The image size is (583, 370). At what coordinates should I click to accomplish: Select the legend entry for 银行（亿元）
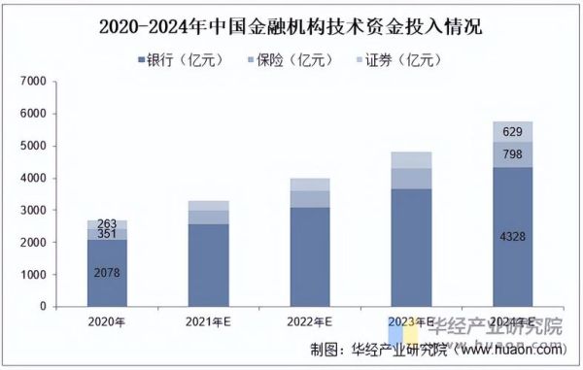(x=181, y=60)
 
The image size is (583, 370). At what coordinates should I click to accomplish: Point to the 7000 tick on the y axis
(x=34, y=82)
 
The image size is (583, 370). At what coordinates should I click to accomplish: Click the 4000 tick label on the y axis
(x=34, y=178)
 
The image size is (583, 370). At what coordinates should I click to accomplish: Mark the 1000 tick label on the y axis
(x=34, y=274)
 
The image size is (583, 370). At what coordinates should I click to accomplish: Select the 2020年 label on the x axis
(x=107, y=321)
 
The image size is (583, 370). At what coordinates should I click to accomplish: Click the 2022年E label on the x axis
(x=310, y=321)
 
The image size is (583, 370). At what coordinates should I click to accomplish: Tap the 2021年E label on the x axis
(x=208, y=321)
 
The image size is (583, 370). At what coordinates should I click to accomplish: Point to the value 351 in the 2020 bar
(x=107, y=234)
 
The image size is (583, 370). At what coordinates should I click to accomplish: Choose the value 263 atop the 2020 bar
(x=107, y=224)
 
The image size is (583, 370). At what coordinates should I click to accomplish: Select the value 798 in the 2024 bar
(x=512, y=154)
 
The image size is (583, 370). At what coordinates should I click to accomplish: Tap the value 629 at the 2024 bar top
(x=512, y=132)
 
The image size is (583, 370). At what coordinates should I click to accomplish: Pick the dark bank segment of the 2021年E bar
(x=208, y=265)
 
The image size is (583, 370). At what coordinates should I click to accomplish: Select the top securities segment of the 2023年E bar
(x=411, y=160)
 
